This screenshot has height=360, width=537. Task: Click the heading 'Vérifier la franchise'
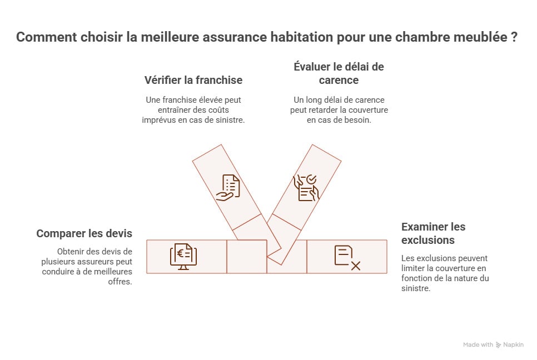(193, 80)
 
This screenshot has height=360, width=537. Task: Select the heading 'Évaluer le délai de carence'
(339, 73)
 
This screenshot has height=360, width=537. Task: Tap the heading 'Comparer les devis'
(84, 233)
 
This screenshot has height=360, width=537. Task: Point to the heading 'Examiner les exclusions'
(433, 233)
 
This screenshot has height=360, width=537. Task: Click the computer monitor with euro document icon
(183, 256)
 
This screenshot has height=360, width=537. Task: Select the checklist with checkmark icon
(306, 187)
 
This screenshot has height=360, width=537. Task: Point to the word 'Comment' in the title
(44, 38)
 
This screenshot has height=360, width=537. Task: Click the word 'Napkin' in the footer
(514, 345)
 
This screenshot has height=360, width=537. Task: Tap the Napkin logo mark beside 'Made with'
(499, 345)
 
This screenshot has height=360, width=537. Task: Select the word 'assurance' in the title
(227, 38)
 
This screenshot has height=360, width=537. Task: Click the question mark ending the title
(515, 38)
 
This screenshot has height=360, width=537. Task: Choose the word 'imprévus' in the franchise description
(161, 119)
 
